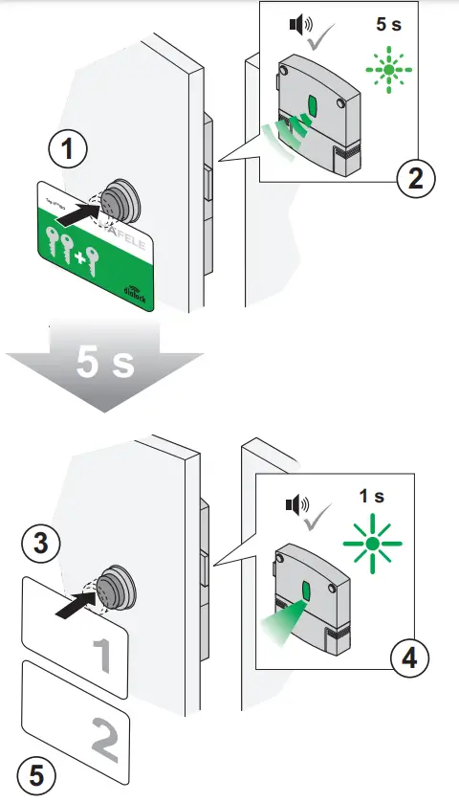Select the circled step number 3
click(41, 544)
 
